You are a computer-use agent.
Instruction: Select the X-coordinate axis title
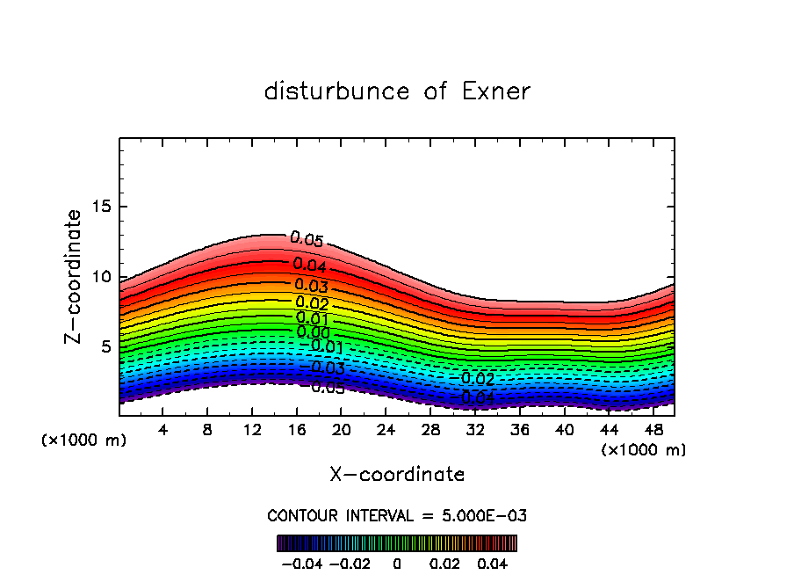tap(397, 475)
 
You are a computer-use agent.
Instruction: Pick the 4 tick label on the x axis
tap(162, 431)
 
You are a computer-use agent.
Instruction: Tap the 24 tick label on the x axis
tap(386, 431)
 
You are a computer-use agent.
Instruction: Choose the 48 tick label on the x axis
tap(653, 431)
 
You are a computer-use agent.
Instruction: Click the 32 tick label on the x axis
tap(475, 431)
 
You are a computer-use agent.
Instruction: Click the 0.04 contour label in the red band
tap(310, 265)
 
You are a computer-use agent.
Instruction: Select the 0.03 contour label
tap(311, 286)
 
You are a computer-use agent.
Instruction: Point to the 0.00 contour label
tap(313, 332)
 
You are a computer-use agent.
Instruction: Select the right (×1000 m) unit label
tap(644, 450)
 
